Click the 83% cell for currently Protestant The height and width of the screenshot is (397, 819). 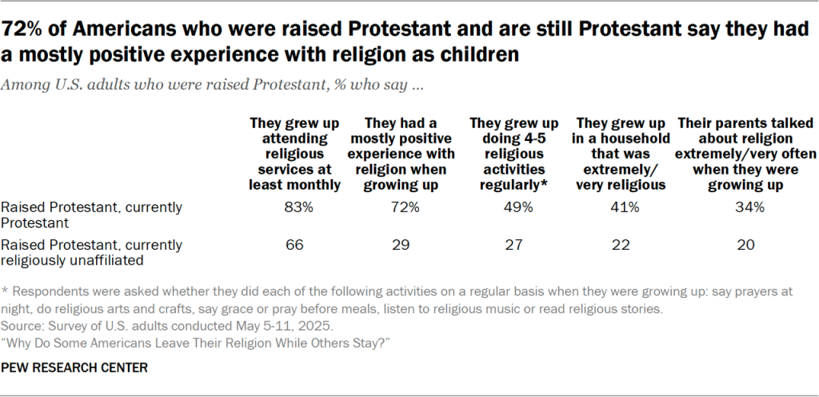coord(295,207)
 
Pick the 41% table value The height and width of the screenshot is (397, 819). coord(620,207)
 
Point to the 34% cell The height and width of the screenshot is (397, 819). coord(745,207)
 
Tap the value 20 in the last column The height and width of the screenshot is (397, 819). coord(745,245)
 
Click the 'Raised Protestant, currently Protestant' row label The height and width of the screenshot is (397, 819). coord(92,214)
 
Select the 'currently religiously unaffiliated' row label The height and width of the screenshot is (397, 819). coord(92,251)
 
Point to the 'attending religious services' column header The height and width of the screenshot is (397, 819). coord(295,154)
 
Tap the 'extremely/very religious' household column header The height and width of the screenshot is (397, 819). coord(620,154)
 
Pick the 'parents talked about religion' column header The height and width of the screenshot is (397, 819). coord(745,154)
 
